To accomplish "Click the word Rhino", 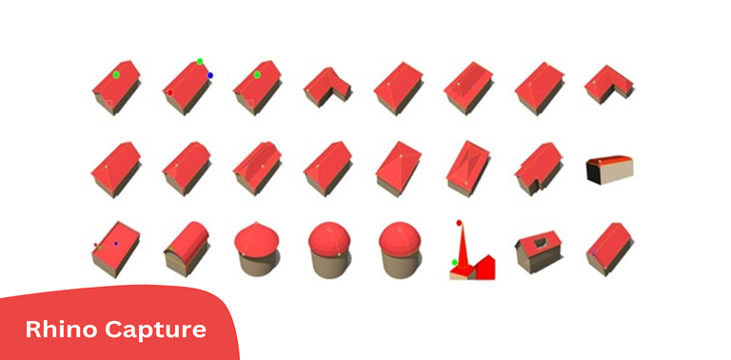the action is pos(62,330).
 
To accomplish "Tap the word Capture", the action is pos(155,330).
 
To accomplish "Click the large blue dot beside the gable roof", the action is pos(210,75).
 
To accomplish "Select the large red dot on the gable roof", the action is pos(170,92).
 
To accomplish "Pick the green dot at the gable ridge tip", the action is pos(200,61).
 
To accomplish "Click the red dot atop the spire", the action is pos(459,223).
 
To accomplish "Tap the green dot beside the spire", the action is pos(455,263).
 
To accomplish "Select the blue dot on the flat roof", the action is pos(115,244).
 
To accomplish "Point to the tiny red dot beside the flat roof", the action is pos(95,245).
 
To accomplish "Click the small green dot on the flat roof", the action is pos(99,248).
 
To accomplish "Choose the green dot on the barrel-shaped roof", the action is pos(171,249).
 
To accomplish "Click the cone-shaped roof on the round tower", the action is pos(256,239).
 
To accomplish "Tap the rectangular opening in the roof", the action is pos(541,242).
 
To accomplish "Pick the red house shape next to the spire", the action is pos(483,268).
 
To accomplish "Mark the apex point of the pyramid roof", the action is pos(401,156).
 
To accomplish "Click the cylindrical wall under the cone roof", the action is pos(257,265).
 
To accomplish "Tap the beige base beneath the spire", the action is pos(462,275).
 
